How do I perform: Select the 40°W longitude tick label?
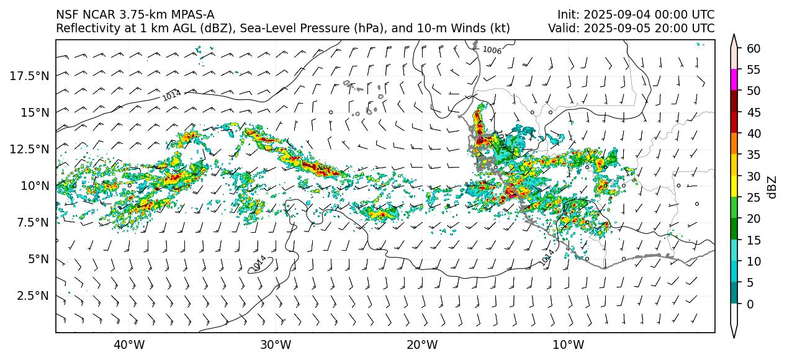[129, 344]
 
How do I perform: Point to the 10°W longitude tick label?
[568, 344]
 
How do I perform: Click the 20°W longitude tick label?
[421, 344]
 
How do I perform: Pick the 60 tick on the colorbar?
[753, 48]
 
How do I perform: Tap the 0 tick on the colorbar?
[751, 304]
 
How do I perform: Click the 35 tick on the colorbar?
[753, 155]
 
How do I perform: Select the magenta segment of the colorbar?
[734, 80]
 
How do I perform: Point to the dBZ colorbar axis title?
[772, 186]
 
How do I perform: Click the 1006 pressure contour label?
[492, 50]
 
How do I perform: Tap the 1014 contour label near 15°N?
[171, 95]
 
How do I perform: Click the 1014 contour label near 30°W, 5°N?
[259, 264]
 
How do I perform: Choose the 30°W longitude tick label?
[276, 344]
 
